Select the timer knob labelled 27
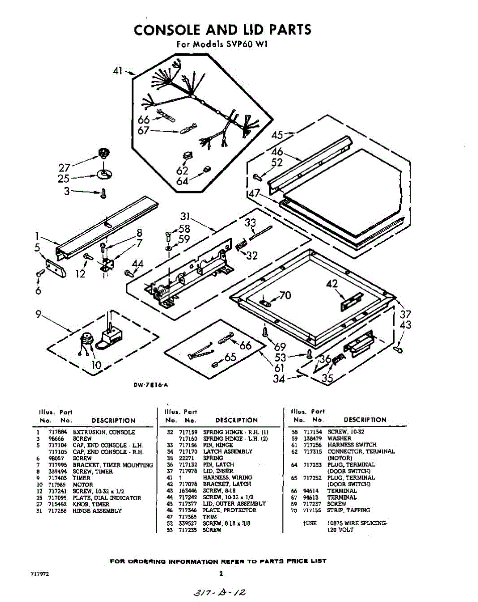[104, 152]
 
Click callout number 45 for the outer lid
[277, 134]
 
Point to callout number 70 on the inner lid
[285, 295]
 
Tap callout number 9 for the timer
[38, 315]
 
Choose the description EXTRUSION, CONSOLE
[104, 432]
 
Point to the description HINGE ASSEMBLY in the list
[97, 511]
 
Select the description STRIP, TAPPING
[349, 510]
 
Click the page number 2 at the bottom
[221, 574]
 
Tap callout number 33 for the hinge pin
[250, 223]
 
